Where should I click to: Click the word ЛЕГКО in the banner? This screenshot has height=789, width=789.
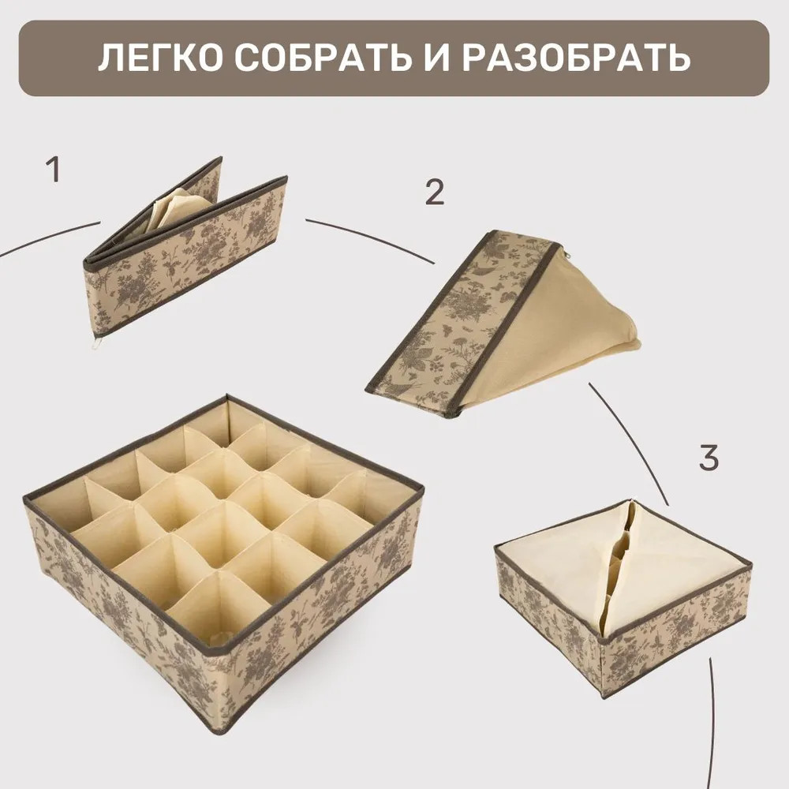tap(160, 58)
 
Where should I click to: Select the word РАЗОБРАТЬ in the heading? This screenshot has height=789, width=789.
tap(576, 58)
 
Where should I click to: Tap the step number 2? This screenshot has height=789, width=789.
tap(435, 192)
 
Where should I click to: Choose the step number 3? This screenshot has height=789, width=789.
tap(709, 458)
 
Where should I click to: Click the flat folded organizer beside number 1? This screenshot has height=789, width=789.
tap(185, 251)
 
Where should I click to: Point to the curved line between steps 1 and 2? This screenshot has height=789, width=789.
tap(370, 237)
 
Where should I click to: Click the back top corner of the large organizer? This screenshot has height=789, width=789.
tap(227, 397)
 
